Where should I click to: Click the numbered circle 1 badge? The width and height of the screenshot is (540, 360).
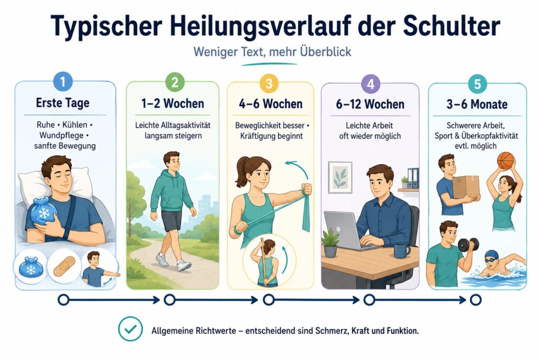[x=63, y=82]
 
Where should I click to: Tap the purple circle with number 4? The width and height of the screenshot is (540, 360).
[x=371, y=84]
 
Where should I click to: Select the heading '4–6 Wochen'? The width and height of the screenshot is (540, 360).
[x=271, y=104]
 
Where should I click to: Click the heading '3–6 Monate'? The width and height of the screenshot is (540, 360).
[x=477, y=104]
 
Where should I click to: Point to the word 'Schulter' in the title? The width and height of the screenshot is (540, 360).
[x=451, y=25]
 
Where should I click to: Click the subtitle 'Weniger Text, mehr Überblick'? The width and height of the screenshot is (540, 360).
[x=273, y=52]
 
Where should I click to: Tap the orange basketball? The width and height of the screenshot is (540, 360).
[x=506, y=161]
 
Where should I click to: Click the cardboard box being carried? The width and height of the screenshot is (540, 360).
[x=466, y=187]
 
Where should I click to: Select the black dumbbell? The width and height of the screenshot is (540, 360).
[x=468, y=245]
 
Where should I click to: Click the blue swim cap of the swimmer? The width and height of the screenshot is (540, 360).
[x=491, y=255]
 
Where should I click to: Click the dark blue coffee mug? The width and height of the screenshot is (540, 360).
[x=401, y=250]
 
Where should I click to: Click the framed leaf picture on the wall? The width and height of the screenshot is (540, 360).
[x=340, y=177]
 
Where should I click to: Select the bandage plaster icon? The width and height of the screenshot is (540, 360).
[x=64, y=266]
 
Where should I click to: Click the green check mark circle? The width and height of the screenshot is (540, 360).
[x=130, y=329]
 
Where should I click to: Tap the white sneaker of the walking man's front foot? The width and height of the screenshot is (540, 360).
[x=184, y=265]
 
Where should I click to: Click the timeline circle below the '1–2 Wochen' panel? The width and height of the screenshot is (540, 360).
[x=169, y=300]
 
